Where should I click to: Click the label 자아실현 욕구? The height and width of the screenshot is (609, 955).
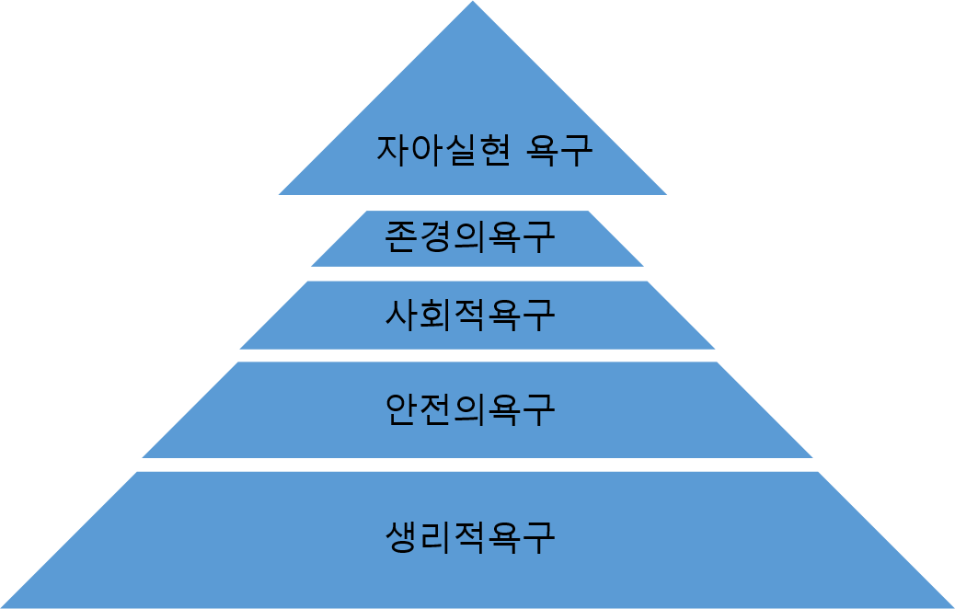pyautogui.click(x=483, y=150)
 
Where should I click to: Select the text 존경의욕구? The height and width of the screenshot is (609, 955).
pyautogui.click(x=470, y=237)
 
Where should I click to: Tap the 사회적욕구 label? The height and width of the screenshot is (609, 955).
pyautogui.click(x=470, y=315)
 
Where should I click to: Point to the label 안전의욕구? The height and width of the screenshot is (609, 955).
pyautogui.click(x=470, y=408)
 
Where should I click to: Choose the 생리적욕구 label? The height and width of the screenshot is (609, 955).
pyautogui.click(x=470, y=536)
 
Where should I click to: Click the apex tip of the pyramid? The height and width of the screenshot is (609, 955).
pyautogui.click(x=473, y=4)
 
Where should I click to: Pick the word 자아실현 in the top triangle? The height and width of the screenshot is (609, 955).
pyautogui.click(x=442, y=150)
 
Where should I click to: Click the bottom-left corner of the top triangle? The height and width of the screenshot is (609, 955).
pyautogui.click(x=281, y=193)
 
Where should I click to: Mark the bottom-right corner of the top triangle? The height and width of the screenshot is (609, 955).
pyautogui.click(x=665, y=193)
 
